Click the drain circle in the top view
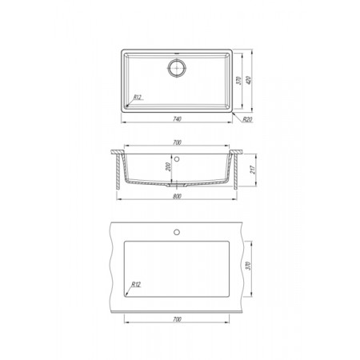177,68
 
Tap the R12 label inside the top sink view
137,97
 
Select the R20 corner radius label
247,119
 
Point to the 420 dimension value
248,80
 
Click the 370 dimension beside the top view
238,81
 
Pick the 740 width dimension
177,119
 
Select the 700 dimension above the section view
177,142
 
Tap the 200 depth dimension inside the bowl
168,166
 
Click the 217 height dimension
253,170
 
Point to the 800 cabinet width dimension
177,196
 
